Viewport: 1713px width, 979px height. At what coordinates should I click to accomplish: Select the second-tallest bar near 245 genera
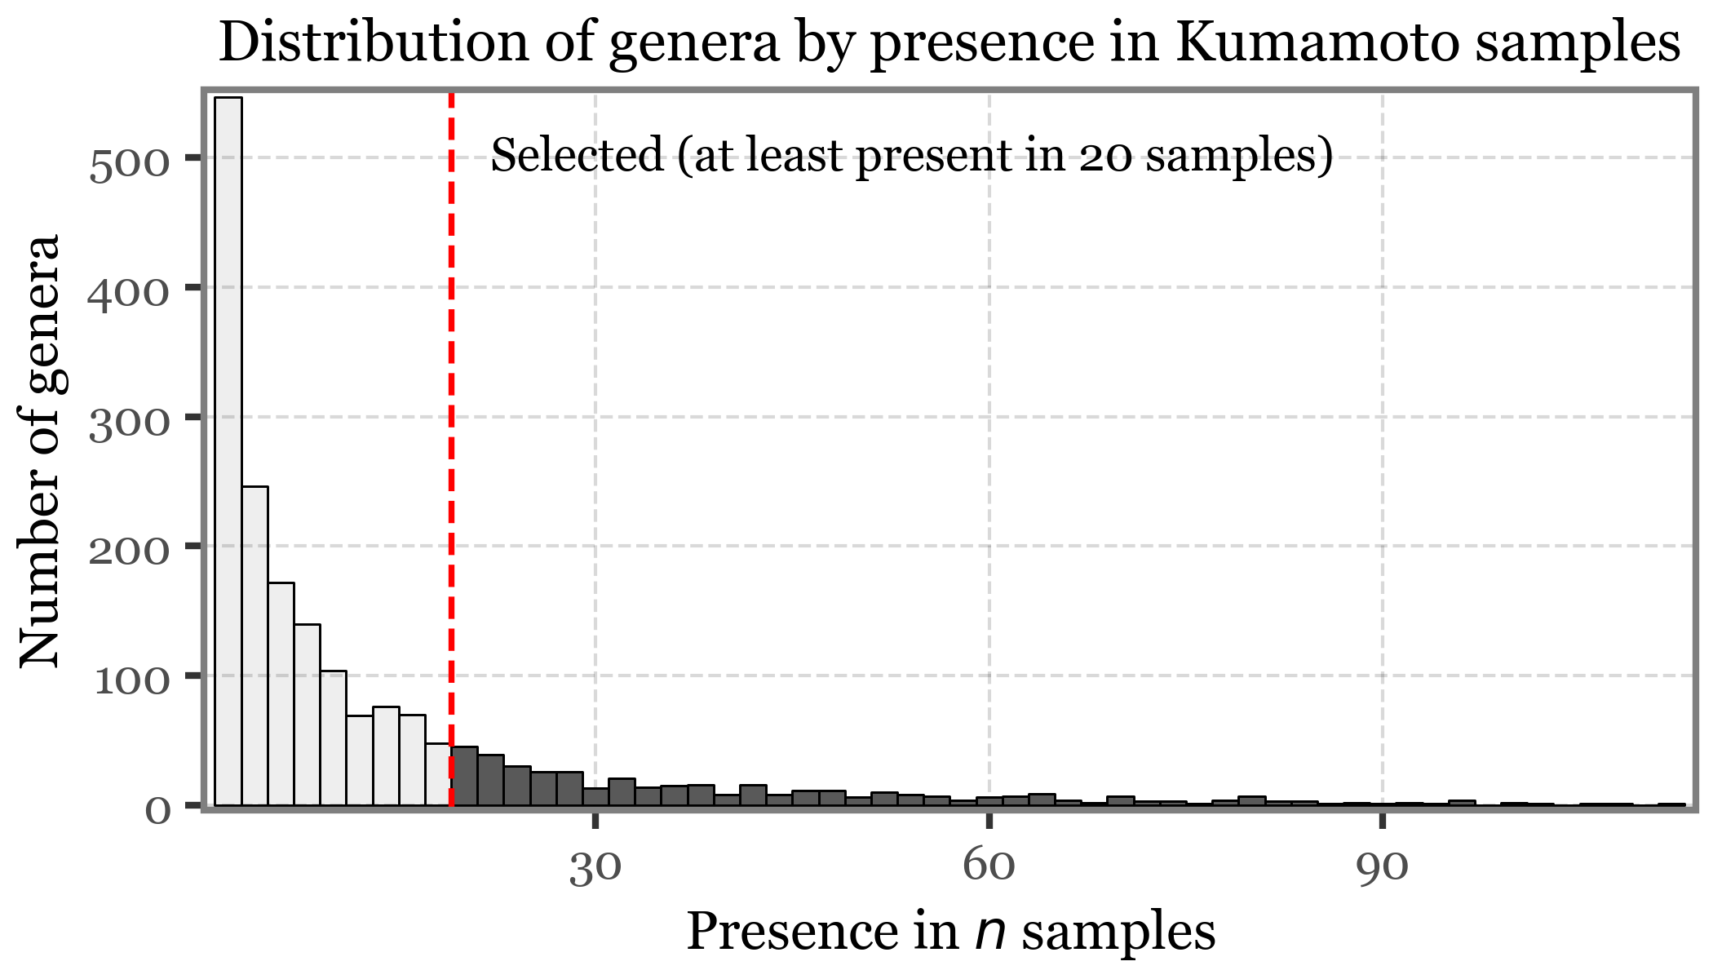coord(255,645)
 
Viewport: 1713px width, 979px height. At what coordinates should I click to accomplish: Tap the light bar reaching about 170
coord(281,693)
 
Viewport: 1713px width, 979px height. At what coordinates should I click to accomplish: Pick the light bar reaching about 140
coord(308,715)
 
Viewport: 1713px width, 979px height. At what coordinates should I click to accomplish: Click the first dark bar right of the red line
coord(465,776)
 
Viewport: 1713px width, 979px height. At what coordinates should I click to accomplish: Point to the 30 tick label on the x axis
coord(595,866)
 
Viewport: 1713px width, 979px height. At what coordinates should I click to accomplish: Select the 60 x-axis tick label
coord(989,866)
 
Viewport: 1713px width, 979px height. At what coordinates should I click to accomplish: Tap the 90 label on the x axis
coord(1383,866)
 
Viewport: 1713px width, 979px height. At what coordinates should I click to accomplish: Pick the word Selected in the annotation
coord(578,155)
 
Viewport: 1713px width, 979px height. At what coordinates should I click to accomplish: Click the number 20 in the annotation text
coord(1108,155)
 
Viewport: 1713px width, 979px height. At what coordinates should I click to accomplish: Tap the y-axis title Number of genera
coord(41,450)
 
